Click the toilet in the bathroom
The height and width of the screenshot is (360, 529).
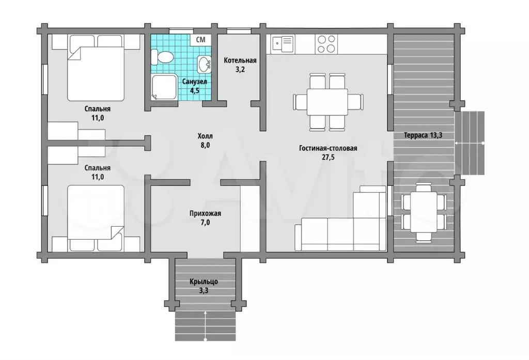coord(162,57)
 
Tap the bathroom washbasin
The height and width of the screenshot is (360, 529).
coord(205,64)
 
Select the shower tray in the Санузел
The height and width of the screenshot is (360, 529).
coord(164,87)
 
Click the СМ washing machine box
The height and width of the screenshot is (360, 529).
coord(201,40)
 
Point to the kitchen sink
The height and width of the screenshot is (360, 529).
coord(283,44)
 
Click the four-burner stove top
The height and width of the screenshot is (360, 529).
coord(326,44)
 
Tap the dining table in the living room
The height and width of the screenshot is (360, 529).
coord(327,102)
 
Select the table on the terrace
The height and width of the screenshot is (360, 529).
coord(424,212)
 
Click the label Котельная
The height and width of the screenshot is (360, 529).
coord(240,60)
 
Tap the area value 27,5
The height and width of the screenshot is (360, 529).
coord(328,157)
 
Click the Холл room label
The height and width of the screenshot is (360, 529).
coord(205,136)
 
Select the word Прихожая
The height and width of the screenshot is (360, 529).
coord(205,213)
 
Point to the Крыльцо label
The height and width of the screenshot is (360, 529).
coord(204,281)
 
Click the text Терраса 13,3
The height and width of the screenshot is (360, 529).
coord(423,135)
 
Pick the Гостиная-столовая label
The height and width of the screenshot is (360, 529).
coord(328,148)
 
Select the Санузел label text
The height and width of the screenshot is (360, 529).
coord(195,82)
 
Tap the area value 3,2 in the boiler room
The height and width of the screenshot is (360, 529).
coord(240,70)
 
